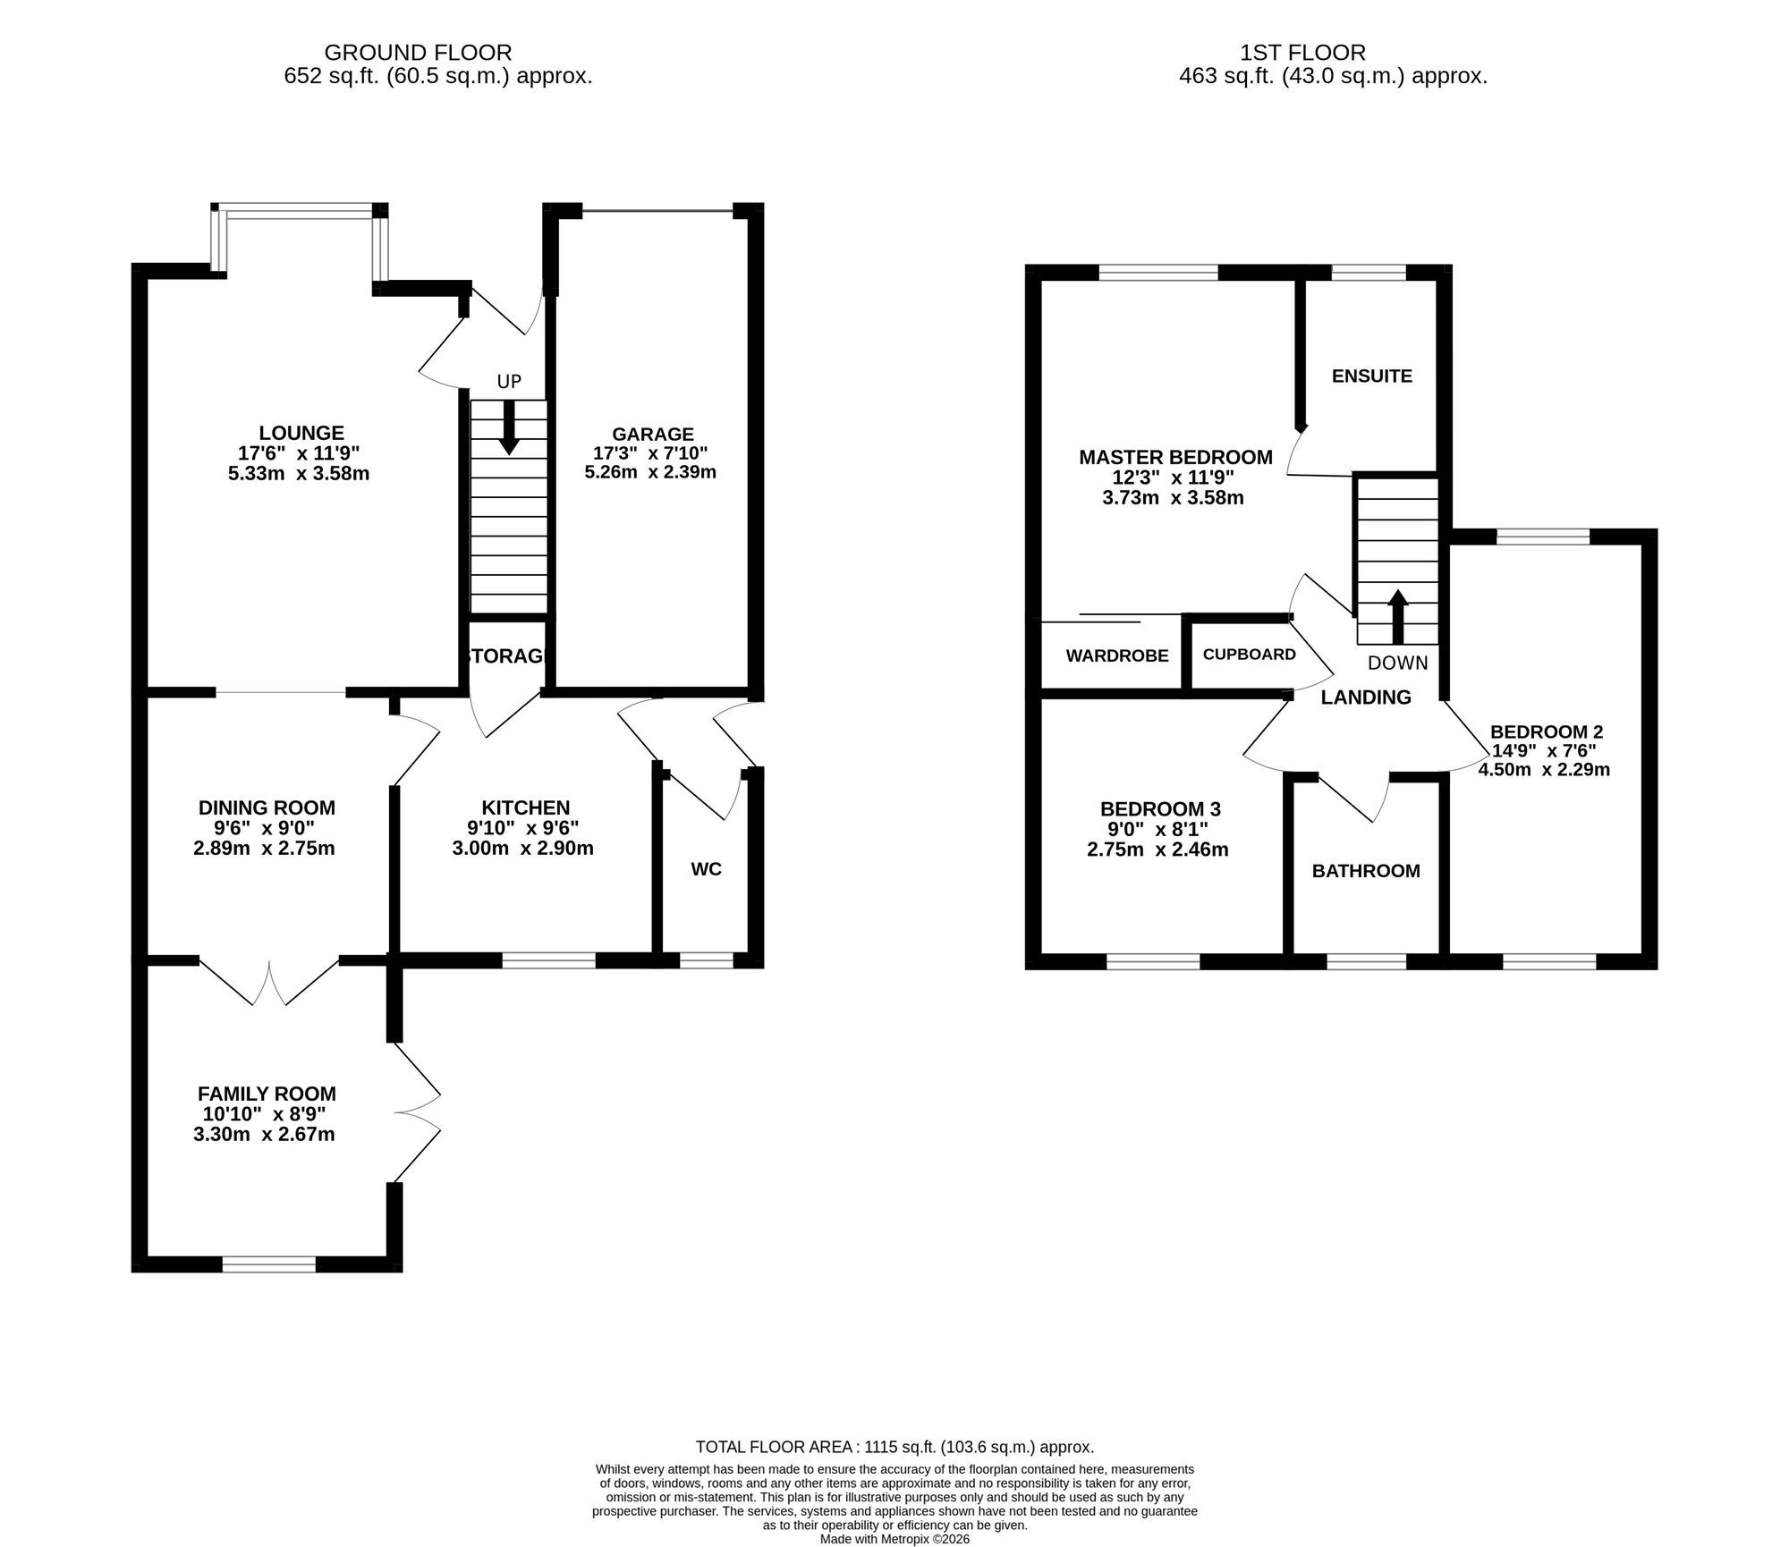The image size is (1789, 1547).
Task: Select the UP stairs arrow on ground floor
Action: pos(509,428)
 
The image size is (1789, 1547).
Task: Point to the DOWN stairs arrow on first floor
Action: pos(1397,617)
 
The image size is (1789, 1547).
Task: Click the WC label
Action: pos(706,869)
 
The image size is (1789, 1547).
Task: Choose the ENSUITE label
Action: pos(1371,376)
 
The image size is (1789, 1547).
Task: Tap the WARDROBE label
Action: pos(1117,656)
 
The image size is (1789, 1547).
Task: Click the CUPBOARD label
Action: pos(1249,655)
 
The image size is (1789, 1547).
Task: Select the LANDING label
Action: pos(1366,697)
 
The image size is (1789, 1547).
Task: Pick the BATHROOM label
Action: pos(1366,871)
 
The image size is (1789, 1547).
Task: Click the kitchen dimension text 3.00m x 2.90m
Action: pos(523,849)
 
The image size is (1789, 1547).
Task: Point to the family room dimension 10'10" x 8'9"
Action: pos(265,1114)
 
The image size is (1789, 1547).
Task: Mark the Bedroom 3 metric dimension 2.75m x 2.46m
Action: pos(1157,850)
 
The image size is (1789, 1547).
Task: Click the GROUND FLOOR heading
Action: pos(418,53)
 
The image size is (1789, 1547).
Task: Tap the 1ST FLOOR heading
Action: pos(1302,53)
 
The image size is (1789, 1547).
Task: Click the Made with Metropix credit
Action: pos(894,1540)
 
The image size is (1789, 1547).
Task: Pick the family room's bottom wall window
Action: pos(268,1264)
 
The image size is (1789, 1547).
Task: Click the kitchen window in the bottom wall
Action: pos(548,960)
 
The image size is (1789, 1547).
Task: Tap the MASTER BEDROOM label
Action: pos(1175,458)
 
